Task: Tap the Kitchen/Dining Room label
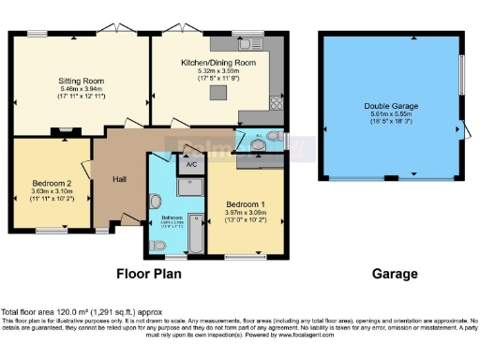click(x=217, y=63)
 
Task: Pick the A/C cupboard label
click(x=190, y=163)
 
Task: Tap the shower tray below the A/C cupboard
click(x=191, y=185)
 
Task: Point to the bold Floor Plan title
click(x=148, y=275)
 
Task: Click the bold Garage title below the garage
click(x=394, y=275)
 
